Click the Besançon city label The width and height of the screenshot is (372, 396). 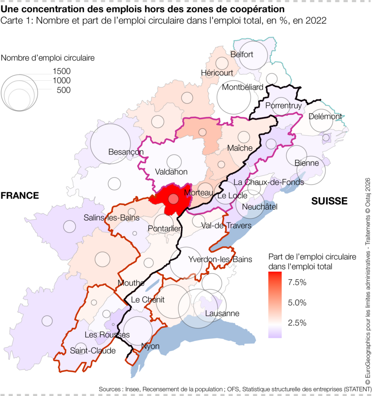[x=126, y=152]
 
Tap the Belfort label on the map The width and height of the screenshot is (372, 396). [x=242, y=55]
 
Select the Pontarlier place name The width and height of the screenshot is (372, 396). [x=165, y=229]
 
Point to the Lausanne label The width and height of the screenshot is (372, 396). [x=222, y=314]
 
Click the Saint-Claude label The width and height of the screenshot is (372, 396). [x=93, y=351]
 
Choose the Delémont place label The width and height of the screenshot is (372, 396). [x=326, y=116]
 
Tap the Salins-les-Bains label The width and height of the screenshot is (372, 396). [x=112, y=218]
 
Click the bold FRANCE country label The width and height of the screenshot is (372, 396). [x=19, y=196]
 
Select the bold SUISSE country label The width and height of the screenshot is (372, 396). [x=329, y=201]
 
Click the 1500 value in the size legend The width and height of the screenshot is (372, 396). [x=61, y=71]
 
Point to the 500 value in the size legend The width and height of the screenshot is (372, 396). [x=64, y=90]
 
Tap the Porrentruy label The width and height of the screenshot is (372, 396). [x=283, y=106]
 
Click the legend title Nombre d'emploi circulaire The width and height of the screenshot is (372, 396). [x=48, y=57]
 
